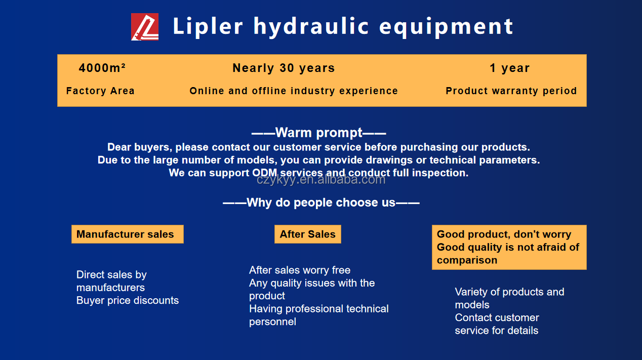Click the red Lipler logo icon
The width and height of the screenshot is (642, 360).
[x=145, y=27]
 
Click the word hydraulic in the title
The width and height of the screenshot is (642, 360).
[x=311, y=27]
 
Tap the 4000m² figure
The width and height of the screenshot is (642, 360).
[x=102, y=68]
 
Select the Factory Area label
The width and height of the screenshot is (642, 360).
[x=100, y=91]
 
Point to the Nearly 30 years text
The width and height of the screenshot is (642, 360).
[x=284, y=68]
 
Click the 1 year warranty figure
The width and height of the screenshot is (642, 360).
[x=510, y=68]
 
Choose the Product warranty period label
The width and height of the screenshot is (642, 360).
[x=511, y=91]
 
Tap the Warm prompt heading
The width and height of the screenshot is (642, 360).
[x=318, y=133]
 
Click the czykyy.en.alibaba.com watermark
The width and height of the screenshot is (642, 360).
[x=321, y=180]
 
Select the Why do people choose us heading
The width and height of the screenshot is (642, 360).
[x=321, y=203]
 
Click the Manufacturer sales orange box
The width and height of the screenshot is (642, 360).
[x=128, y=234]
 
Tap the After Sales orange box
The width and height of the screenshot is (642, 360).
[x=308, y=234]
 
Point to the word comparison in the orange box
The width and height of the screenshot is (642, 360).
[x=467, y=260]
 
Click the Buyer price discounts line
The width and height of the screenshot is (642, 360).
[x=128, y=300]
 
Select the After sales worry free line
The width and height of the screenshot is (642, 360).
[x=300, y=270]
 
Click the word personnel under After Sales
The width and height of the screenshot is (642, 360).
[x=272, y=322]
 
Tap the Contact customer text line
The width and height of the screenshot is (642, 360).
[x=497, y=317]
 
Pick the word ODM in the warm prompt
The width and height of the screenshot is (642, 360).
[x=264, y=173]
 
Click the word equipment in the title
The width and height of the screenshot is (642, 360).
[x=446, y=27]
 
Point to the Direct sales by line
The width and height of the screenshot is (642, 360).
[x=111, y=275]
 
